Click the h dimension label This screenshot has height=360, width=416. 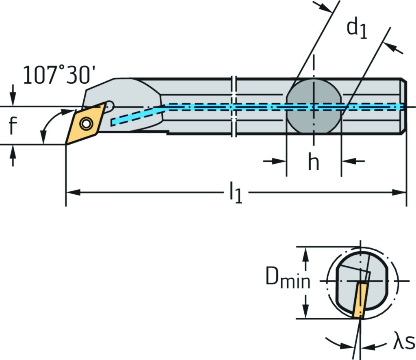point(313,163)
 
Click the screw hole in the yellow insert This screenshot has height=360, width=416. point(86,123)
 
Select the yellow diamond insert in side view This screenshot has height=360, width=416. point(86,123)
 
